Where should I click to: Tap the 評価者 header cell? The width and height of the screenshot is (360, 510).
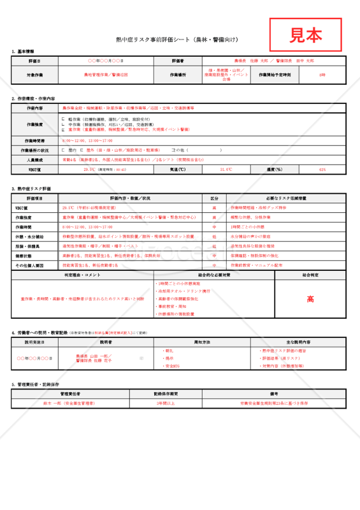[x=178, y=61]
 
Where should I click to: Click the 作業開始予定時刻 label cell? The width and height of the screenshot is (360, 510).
[x=275, y=75]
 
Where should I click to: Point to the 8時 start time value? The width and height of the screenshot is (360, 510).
[x=322, y=75]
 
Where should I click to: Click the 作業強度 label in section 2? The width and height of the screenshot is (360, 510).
[x=35, y=124]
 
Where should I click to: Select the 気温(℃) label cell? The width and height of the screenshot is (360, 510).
[x=178, y=170]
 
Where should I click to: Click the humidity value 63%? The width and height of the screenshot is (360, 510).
[x=322, y=170]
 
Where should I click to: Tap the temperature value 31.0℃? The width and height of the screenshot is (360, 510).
[x=226, y=170]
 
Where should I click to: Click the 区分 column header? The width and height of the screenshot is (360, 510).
[x=214, y=198]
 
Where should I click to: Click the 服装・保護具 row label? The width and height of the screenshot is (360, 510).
[x=35, y=245]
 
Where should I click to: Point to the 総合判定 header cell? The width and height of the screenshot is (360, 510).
[x=310, y=274]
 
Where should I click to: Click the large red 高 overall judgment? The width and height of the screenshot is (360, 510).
[x=310, y=298]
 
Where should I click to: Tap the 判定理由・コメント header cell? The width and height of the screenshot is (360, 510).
[x=83, y=274]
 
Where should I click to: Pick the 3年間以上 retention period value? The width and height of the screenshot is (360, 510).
[x=166, y=403]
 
